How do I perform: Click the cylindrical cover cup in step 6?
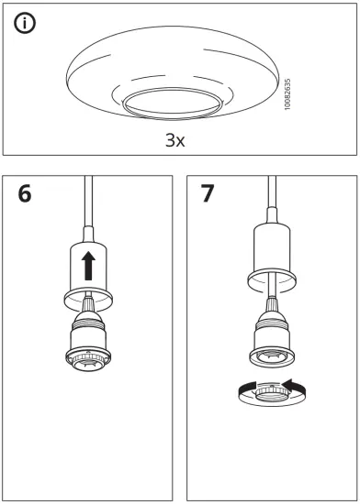point(89,266)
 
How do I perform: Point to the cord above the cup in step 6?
point(89,211)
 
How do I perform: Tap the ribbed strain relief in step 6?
point(89,310)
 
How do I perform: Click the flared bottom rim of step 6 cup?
point(89,298)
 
